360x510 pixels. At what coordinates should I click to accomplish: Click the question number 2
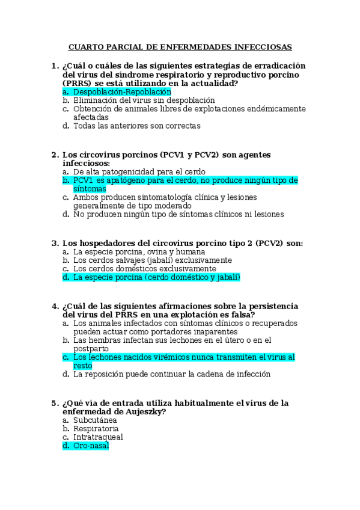click(55, 155)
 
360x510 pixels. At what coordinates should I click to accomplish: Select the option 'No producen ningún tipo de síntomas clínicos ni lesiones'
click(178, 214)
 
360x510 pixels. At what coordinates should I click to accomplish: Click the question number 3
click(55, 244)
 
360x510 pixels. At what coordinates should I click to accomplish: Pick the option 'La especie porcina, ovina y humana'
click(139, 252)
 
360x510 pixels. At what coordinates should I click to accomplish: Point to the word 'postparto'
click(91, 348)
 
